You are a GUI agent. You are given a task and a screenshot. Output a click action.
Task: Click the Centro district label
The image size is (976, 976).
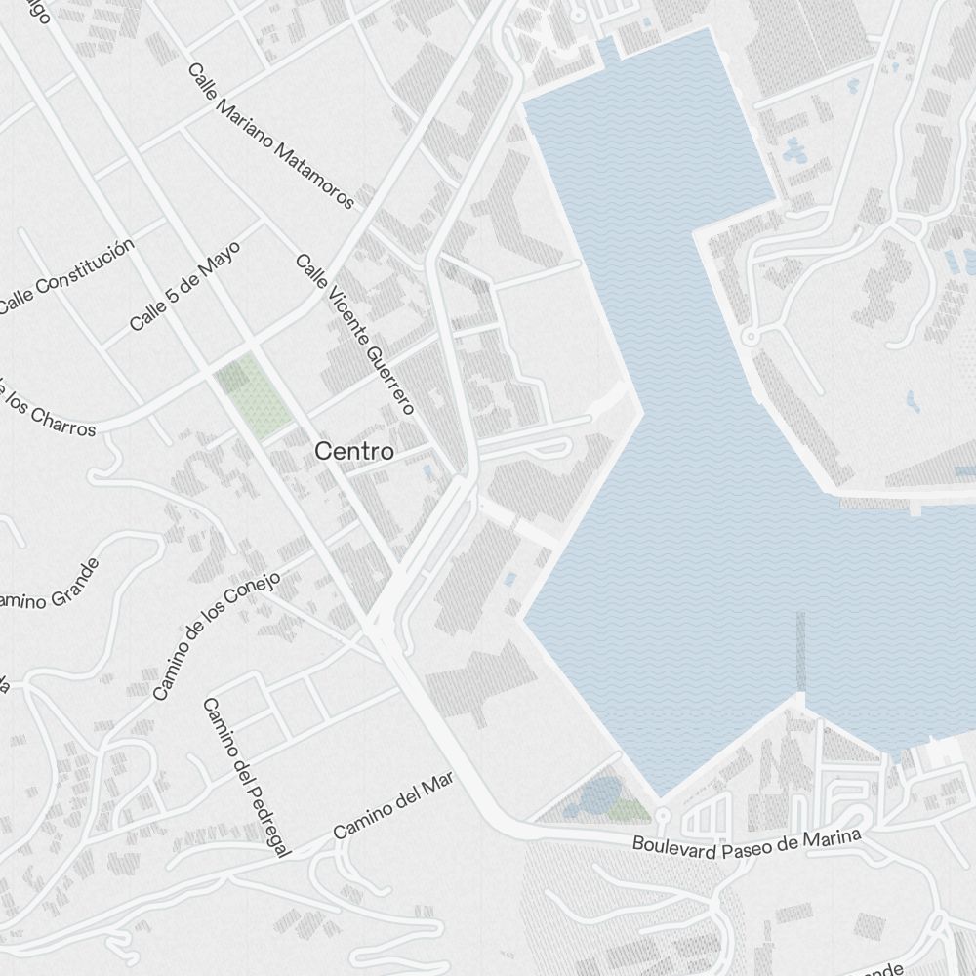(354, 452)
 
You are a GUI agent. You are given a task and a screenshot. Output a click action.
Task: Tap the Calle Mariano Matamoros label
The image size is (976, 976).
(270, 137)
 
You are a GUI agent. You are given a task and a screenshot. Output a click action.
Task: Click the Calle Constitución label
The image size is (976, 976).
(65, 275)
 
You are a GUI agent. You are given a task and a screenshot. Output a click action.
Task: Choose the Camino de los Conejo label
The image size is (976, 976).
(217, 635)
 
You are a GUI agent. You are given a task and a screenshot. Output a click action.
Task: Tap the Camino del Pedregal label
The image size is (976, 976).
(247, 778)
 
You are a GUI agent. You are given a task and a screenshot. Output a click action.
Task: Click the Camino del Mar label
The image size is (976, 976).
(393, 811)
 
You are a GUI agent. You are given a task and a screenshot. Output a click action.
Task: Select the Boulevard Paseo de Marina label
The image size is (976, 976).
(747, 844)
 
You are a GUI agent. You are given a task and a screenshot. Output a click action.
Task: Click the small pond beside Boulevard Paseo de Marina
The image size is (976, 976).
(597, 795)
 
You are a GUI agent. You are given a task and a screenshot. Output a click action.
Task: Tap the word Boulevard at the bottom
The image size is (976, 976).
(670, 846)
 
